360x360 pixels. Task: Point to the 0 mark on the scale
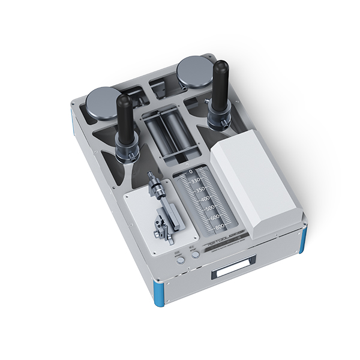point(191,172)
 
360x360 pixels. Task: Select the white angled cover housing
point(252,180)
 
